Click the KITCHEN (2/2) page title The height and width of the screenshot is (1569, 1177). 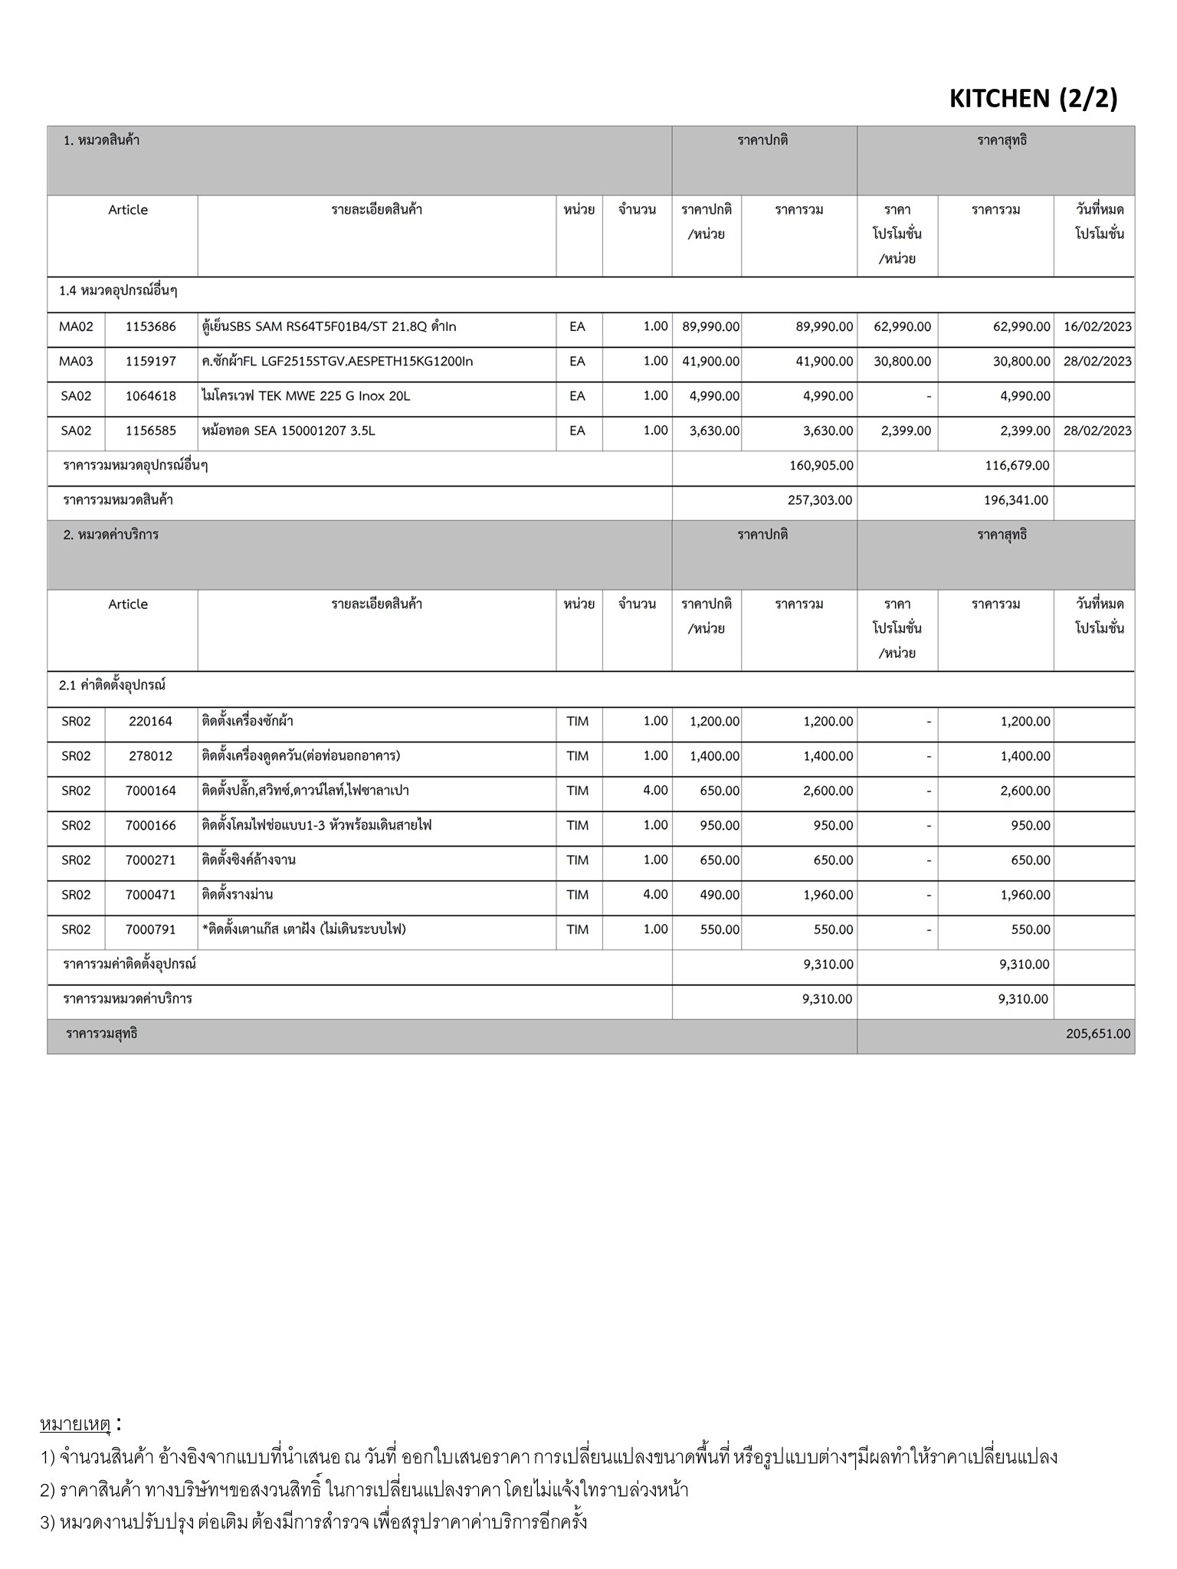click(x=1033, y=98)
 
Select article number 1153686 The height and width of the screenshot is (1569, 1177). click(x=151, y=326)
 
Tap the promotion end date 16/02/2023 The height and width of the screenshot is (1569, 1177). click(x=1097, y=326)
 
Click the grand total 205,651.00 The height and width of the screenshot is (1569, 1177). click(x=1097, y=1033)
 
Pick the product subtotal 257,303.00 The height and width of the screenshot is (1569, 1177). click(x=820, y=500)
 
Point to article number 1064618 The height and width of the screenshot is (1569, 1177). click(x=151, y=396)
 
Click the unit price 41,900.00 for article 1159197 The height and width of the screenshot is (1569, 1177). click(x=710, y=361)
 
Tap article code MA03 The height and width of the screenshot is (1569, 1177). click(x=76, y=361)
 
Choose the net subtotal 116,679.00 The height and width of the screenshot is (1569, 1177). click(x=1016, y=465)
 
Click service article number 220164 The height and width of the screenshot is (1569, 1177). click(x=151, y=721)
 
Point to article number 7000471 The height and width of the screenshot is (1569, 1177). click(x=151, y=895)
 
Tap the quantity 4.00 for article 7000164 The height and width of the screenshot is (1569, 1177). click(x=655, y=791)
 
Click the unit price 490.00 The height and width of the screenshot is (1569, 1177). click(x=720, y=895)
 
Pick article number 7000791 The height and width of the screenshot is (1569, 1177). click(x=151, y=929)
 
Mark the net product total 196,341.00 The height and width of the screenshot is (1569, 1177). click(x=1016, y=500)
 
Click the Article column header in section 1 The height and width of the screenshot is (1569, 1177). click(x=128, y=210)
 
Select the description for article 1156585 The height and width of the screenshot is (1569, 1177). click(x=289, y=431)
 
